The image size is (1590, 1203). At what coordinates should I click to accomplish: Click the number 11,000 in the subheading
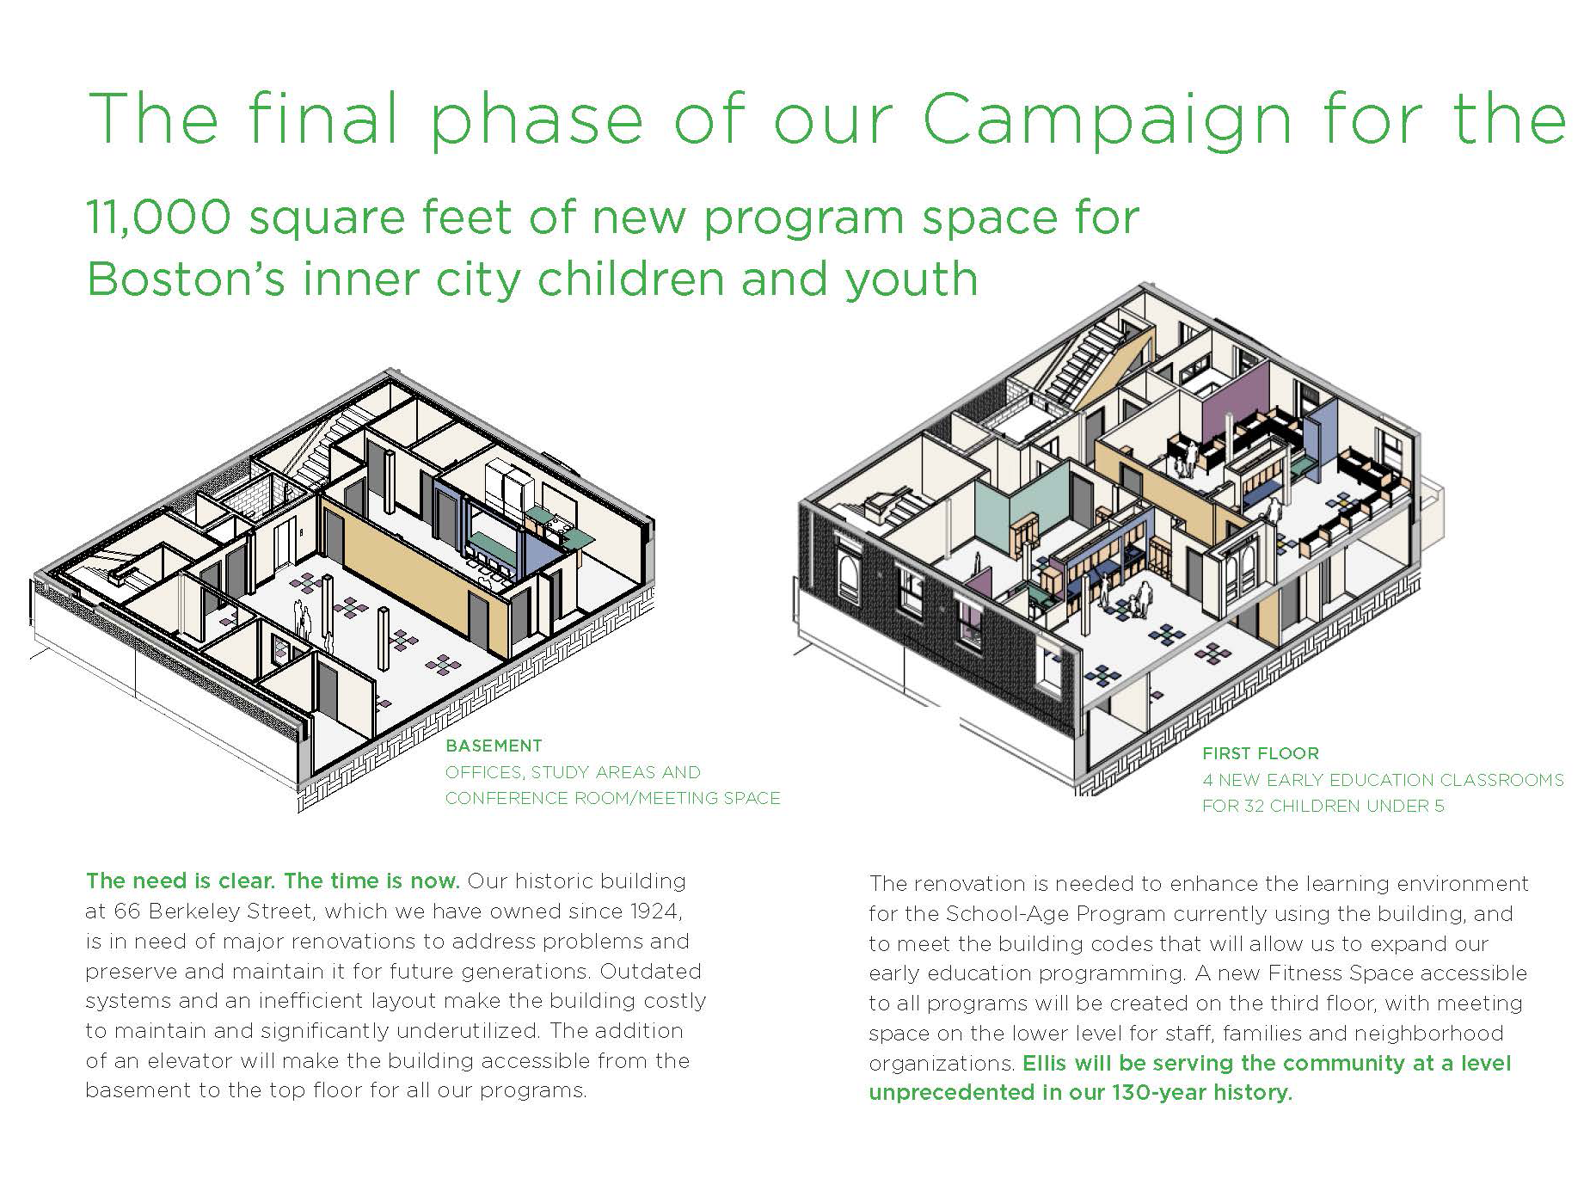[159, 217]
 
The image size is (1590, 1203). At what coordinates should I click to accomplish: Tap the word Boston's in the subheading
[185, 279]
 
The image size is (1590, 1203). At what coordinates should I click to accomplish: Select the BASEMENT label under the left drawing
[494, 746]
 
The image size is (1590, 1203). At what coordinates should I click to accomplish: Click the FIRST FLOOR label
[1260, 753]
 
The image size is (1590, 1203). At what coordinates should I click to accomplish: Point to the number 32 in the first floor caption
[1255, 806]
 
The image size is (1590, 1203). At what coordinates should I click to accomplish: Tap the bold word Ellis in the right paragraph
[1044, 1063]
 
